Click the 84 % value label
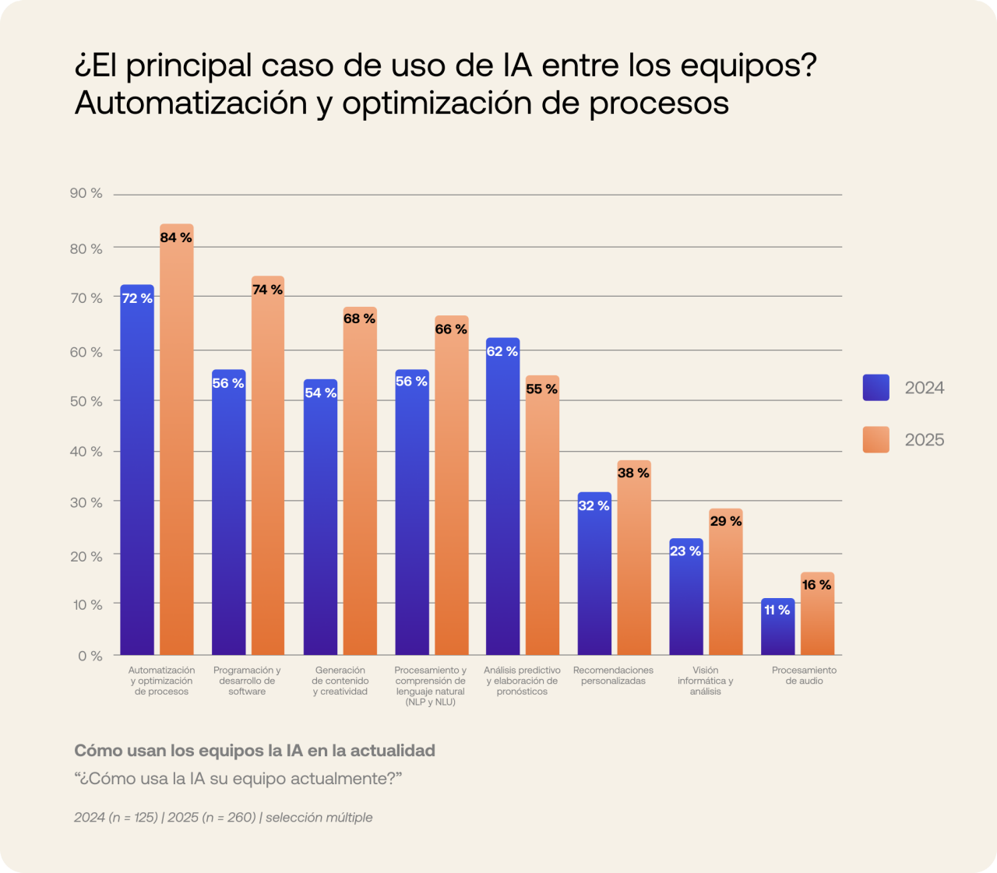click(x=176, y=238)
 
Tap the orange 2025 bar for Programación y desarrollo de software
click(x=267, y=467)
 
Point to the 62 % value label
click(x=502, y=351)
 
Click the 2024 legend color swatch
click(x=875, y=388)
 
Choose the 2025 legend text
click(x=924, y=440)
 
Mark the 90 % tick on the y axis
click(x=86, y=193)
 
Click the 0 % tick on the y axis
click(x=90, y=656)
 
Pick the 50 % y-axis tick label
click(x=86, y=401)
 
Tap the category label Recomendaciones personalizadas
click(x=613, y=675)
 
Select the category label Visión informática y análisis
click(x=705, y=680)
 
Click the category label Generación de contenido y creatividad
click(x=340, y=680)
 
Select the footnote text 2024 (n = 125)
click(x=115, y=817)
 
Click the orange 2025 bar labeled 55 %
click(x=542, y=522)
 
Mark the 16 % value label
click(x=816, y=585)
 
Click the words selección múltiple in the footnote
click(x=319, y=817)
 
